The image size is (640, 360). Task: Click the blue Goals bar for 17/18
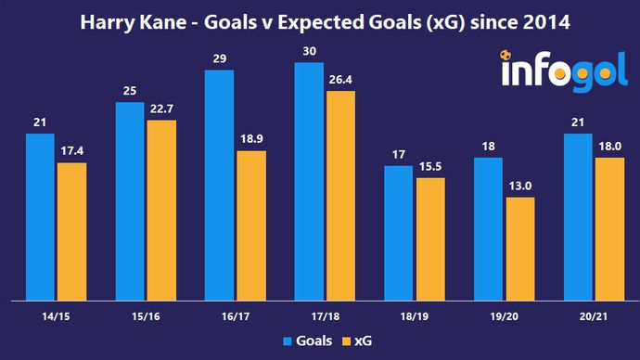[309, 182]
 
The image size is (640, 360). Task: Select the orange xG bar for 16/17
[250, 225]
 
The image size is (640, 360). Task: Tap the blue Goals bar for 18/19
[399, 233]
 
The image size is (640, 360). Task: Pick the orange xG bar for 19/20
[520, 249]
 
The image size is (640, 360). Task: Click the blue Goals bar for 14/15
[41, 217]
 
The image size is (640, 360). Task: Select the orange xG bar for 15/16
[161, 211]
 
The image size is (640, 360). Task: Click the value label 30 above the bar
[309, 52]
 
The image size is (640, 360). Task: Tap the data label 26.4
[340, 80]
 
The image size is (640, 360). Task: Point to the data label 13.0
[520, 186]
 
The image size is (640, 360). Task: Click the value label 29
[220, 59]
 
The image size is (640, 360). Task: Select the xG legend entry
[357, 341]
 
